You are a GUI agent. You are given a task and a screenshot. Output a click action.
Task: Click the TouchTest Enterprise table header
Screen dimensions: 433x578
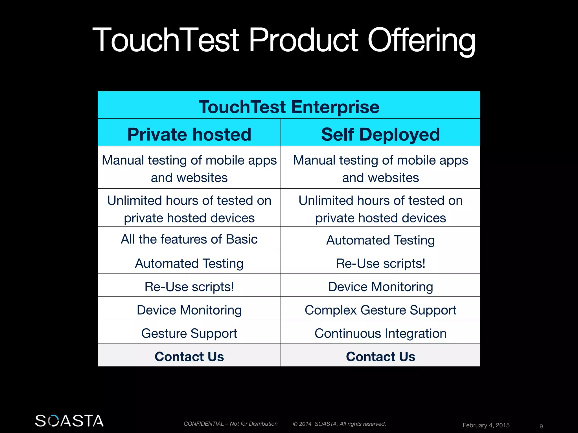click(x=289, y=107)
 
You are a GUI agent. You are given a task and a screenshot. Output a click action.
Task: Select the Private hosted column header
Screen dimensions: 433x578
click(x=189, y=134)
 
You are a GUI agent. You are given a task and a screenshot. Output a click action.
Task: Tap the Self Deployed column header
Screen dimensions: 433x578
click(x=380, y=134)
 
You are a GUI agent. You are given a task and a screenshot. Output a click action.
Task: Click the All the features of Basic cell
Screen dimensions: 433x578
click(x=189, y=239)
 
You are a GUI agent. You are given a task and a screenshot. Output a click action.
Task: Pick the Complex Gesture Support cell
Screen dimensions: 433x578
click(x=380, y=310)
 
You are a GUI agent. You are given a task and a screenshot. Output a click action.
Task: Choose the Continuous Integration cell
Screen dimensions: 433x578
click(x=380, y=333)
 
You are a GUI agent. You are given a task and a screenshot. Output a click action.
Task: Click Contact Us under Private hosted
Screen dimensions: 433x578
click(x=189, y=357)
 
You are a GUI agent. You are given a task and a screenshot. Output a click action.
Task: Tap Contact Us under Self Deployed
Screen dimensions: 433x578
click(x=380, y=357)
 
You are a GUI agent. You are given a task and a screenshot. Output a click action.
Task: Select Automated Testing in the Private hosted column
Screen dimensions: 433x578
click(x=189, y=264)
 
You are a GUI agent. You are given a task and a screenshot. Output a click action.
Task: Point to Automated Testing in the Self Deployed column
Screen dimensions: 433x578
click(x=380, y=240)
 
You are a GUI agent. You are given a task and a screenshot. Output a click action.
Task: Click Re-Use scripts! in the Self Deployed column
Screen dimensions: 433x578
click(x=380, y=264)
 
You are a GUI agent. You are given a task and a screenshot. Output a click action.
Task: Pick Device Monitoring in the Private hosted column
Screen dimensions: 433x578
click(x=189, y=310)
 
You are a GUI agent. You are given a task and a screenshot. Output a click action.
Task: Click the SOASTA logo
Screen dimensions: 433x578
click(x=69, y=421)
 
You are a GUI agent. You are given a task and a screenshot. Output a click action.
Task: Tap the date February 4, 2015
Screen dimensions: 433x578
click(x=486, y=425)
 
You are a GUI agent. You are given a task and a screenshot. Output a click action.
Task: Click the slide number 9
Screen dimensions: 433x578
click(x=541, y=426)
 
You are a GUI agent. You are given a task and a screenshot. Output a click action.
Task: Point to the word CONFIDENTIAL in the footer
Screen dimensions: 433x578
click(x=203, y=424)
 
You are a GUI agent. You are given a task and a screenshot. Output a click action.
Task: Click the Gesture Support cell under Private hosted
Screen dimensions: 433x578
click(x=189, y=333)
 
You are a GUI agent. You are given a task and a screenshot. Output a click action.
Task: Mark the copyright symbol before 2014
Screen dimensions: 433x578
click(x=295, y=424)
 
